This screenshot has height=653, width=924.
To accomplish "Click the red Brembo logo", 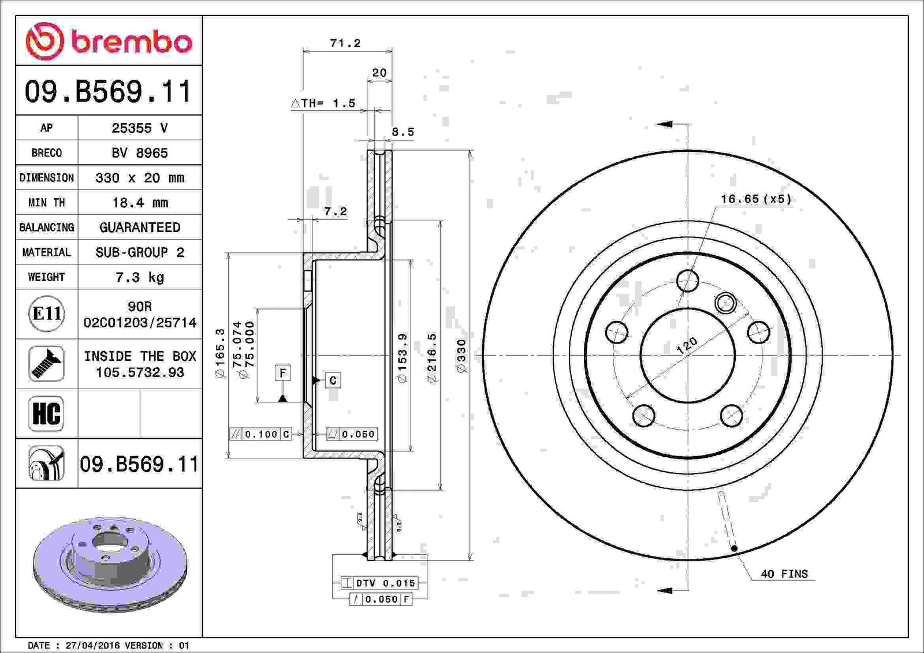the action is coord(109,41).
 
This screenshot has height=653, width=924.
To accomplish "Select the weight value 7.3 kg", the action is coord(140,277).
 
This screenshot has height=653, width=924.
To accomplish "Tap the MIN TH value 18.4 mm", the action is coord(140,203).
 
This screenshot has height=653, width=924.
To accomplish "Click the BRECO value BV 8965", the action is coord(140,153).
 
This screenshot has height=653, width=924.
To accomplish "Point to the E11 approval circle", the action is coord(47,314).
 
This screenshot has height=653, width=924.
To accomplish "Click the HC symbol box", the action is coord(46,413).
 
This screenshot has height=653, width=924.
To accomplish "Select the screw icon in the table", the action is coord(46,363).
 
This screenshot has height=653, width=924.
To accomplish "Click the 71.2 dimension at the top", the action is coord(345,43).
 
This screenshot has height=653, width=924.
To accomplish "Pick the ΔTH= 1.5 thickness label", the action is coord(323,103).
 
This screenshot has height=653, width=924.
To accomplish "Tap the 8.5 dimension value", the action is coord(403,132).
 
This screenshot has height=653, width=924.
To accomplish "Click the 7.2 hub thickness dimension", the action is coord(336,212).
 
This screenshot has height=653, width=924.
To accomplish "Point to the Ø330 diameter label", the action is coord(462,356).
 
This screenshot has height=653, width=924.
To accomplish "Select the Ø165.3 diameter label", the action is coord(220,353).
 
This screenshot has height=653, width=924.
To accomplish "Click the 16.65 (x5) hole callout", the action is coord(756,199).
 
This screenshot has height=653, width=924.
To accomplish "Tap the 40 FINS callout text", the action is coord(784,574).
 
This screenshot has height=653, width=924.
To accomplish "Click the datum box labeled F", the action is coord(283,373).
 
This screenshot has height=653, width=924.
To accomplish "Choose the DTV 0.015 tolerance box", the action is coord(379,583).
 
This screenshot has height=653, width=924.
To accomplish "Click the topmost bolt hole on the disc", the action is coord(688,281).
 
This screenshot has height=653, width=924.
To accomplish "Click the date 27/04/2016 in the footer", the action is coord(93,645).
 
